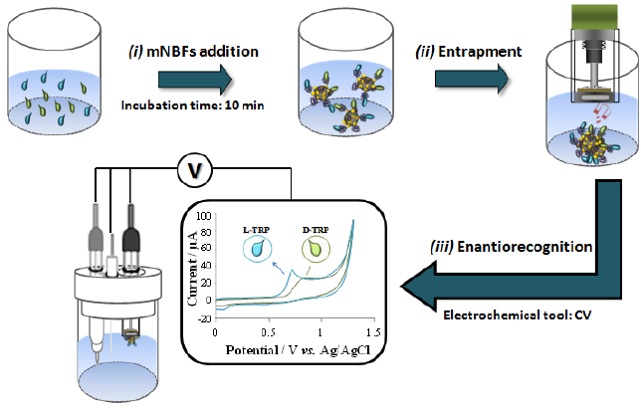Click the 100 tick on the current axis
[x=206, y=216]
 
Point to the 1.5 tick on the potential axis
[x=371, y=331]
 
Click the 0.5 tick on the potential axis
[x=268, y=331]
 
